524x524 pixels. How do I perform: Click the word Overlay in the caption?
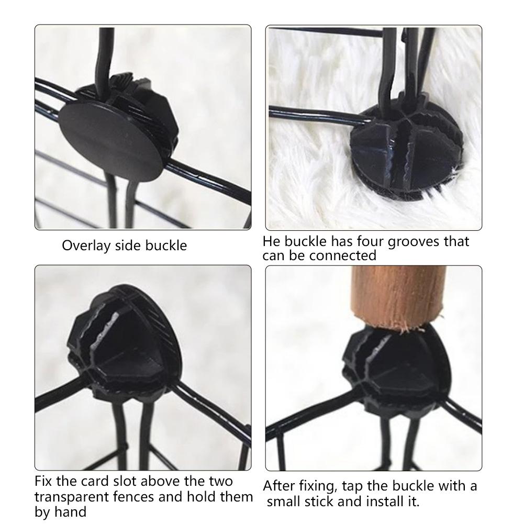point(86,246)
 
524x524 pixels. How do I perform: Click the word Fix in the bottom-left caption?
point(43,481)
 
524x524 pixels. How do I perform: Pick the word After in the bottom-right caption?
point(279,486)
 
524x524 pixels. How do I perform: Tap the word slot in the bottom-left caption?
point(124,481)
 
